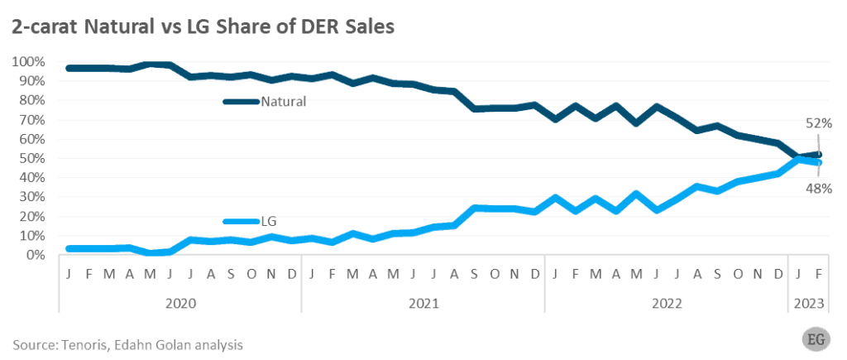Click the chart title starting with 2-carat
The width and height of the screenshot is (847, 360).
(202, 26)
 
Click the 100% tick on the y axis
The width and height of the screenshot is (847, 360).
(29, 62)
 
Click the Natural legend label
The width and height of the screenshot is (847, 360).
(284, 102)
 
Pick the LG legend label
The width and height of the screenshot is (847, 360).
(269, 221)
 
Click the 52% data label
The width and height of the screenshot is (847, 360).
(819, 123)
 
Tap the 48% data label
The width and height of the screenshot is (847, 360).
(819, 189)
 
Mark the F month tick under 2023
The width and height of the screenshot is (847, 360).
(818, 274)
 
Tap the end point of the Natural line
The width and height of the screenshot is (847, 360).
(818, 154)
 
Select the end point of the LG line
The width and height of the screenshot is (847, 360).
(818, 162)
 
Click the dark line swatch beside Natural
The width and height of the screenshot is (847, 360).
(242, 102)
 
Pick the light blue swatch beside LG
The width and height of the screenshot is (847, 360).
(242, 221)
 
